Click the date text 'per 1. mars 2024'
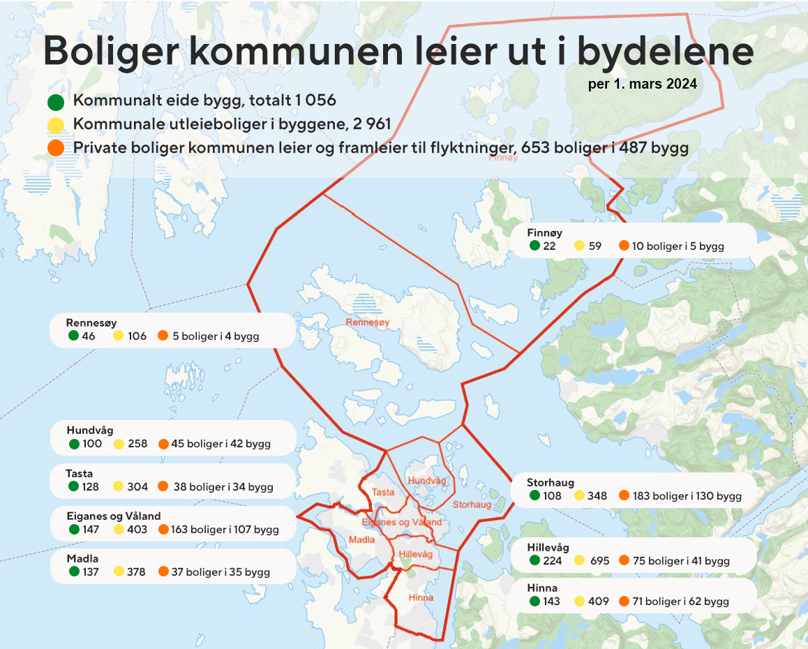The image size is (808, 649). click(x=643, y=84)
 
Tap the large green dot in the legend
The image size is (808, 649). click(x=57, y=103)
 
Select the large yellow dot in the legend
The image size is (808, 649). click(x=57, y=126)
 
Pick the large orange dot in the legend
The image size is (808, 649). click(x=57, y=149)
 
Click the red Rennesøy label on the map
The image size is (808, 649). click(x=367, y=322)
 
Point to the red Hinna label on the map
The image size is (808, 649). click(x=421, y=597)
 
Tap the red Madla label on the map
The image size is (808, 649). click(x=361, y=540)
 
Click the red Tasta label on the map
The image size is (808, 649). click(x=383, y=492)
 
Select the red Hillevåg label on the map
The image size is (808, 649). click(x=416, y=554)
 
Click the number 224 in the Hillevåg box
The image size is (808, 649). click(x=552, y=560)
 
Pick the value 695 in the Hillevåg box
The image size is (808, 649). click(x=599, y=560)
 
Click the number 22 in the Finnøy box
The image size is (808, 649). click(x=549, y=246)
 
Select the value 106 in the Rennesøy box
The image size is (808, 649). click(x=137, y=336)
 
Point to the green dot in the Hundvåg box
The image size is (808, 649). click(x=74, y=444)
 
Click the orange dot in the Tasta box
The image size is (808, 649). click(x=163, y=486)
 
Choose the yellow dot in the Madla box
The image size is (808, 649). click(x=119, y=572)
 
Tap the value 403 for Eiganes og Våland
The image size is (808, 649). click(x=138, y=530)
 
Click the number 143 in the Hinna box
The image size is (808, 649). click(x=551, y=601)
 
